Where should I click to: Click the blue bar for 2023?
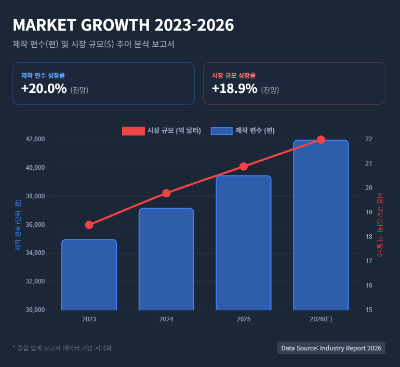point(89,275)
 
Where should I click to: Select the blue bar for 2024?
point(166,259)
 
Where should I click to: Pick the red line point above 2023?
point(89,225)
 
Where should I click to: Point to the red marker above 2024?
point(166,193)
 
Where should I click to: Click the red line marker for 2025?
point(244,166)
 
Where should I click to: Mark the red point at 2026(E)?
point(321,140)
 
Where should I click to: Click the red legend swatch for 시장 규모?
point(133,131)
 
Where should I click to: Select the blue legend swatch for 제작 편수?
point(221,131)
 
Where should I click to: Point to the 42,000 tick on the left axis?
point(35,139)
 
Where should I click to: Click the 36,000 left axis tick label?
point(35,225)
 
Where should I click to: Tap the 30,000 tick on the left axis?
point(35,310)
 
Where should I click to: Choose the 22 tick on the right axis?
point(369,139)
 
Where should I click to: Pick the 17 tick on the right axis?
point(369,261)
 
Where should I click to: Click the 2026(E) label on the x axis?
point(321,319)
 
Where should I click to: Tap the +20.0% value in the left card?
point(44,89)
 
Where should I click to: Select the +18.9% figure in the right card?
point(235,89)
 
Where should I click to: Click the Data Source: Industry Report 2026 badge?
point(331,348)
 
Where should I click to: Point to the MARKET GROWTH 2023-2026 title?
point(123,25)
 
